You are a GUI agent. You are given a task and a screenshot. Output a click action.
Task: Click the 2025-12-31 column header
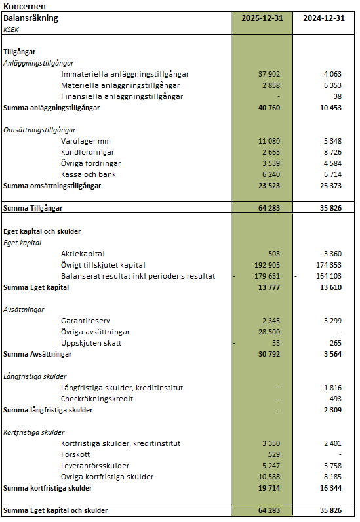[262, 18]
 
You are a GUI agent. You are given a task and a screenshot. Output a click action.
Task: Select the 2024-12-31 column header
[323, 18]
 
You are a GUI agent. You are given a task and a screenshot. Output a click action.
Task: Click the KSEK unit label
[11, 30]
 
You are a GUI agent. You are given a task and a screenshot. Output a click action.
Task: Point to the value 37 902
[269, 74]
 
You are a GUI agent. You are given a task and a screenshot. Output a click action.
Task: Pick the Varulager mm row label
[86, 141]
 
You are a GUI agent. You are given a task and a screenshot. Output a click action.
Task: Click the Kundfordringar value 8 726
[332, 152]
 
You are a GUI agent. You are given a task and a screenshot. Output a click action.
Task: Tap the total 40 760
[269, 108]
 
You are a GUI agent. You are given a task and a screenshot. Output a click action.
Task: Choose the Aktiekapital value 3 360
[332, 254]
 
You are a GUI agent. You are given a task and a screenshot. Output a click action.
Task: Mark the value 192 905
[266, 265]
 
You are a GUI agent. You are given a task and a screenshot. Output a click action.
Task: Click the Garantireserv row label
[87, 321]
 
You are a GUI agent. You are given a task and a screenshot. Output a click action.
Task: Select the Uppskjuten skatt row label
[91, 343]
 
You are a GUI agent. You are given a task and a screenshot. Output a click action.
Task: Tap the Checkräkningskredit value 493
[334, 399]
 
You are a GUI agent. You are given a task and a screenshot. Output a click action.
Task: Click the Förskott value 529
[272, 454]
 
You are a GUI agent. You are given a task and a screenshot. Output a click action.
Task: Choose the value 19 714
[269, 488]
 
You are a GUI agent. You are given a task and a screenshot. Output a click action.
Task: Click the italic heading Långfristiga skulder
[35, 376]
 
